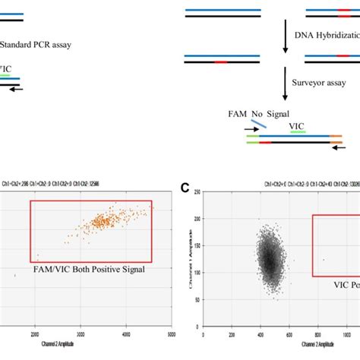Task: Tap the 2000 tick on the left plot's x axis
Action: (x=36, y=334)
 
